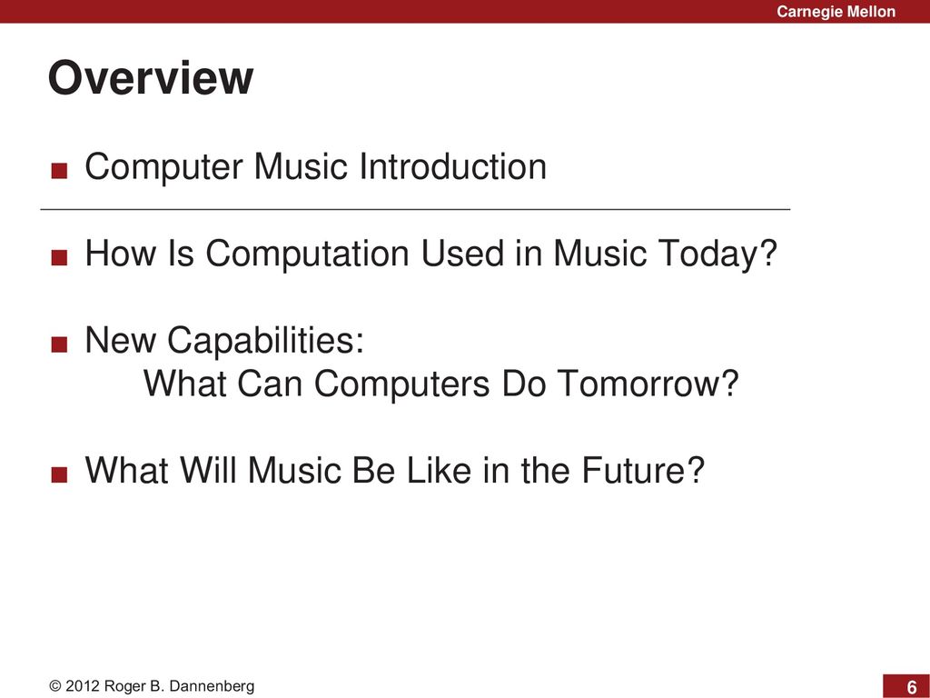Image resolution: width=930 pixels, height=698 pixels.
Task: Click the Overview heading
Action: pos(151,78)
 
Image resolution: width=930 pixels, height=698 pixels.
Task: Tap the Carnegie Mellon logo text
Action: pos(836,11)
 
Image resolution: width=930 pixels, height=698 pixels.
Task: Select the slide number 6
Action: pos(912,687)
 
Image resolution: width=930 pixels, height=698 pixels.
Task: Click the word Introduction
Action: pos(453,166)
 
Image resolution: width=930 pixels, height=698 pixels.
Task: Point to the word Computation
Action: pos(307,254)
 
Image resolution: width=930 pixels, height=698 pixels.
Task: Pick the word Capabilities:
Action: pos(266,341)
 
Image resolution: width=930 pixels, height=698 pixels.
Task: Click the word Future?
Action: pos(643,470)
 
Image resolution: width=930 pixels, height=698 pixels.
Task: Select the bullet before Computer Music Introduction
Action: pos(59,171)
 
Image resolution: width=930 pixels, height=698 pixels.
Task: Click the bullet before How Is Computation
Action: pos(59,257)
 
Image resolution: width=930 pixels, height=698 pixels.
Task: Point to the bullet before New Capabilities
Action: pos(59,344)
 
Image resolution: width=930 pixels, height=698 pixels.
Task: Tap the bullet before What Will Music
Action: pos(59,474)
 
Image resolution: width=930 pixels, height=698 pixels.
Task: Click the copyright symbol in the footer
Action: pos(55,687)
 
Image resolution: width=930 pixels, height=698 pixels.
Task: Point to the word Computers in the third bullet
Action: pos(402,384)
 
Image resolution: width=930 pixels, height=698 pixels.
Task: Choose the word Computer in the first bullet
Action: pos(163,167)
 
